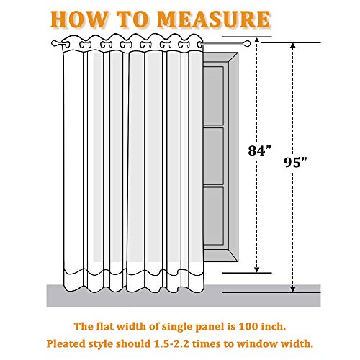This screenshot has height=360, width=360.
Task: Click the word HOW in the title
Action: click(79, 19)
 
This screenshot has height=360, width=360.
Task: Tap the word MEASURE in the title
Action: click(214, 19)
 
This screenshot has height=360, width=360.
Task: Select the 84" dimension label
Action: click(260, 150)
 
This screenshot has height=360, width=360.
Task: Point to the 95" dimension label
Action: click(296, 162)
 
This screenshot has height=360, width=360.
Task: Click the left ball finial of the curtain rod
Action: click(55, 43)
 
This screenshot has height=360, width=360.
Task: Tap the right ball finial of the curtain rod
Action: click(247, 44)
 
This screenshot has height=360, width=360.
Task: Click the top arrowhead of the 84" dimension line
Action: click(257, 40)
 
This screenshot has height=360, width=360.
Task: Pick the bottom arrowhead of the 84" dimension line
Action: click(257, 270)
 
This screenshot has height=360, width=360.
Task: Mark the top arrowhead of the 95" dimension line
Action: click(292, 45)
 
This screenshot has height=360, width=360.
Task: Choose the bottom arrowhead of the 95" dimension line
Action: click(292, 289)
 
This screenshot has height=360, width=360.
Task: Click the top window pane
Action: click(213, 96)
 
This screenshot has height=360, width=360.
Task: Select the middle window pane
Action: click(213, 156)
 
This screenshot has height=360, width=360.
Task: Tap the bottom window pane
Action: click(213, 216)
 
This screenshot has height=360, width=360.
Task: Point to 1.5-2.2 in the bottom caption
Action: click(171, 343)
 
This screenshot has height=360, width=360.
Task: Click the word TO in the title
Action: click(132, 19)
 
